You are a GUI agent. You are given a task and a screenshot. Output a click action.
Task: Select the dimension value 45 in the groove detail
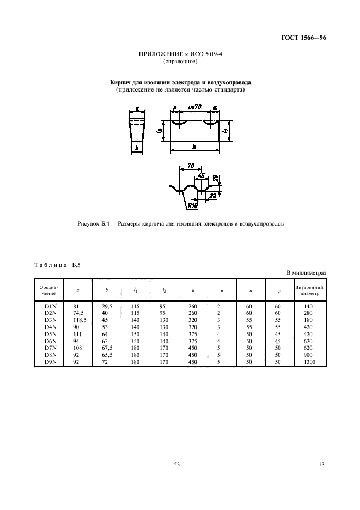pyautogui.click(x=202, y=176)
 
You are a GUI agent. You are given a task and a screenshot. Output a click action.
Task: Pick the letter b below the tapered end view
pyautogui.click(x=137, y=147)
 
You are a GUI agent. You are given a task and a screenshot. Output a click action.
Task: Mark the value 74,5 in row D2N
pyautogui.click(x=78, y=313)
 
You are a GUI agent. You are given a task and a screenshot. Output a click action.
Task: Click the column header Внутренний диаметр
pyautogui.click(x=310, y=289)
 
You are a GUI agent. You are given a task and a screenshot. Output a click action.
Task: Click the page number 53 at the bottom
pyautogui.click(x=176, y=464)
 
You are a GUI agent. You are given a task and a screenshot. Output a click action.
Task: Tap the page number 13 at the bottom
pyautogui.click(x=321, y=464)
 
